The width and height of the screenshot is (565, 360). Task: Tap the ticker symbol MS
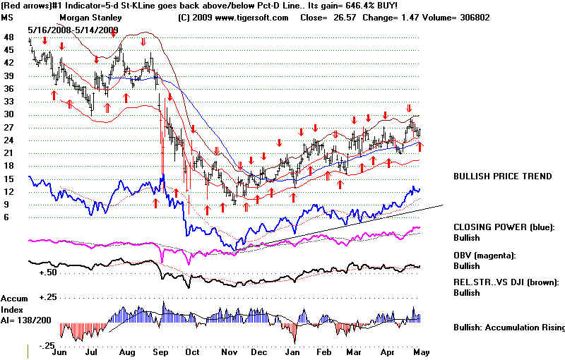pyautogui.click(x=8, y=16)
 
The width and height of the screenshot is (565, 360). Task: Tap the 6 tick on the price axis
pyautogui.click(x=6, y=217)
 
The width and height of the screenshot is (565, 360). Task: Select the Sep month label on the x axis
pyautogui.click(x=161, y=352)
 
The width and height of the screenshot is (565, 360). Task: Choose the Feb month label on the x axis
pyautogui.click(x=323, y=352)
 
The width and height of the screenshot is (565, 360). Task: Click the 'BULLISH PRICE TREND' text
pyautogui.click(x=502, y=176)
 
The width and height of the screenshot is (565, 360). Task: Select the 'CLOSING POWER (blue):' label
pyautogui.click(x=504, y=227)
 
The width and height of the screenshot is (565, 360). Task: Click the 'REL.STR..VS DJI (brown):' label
pyautogui.click(x=506, y=282)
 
